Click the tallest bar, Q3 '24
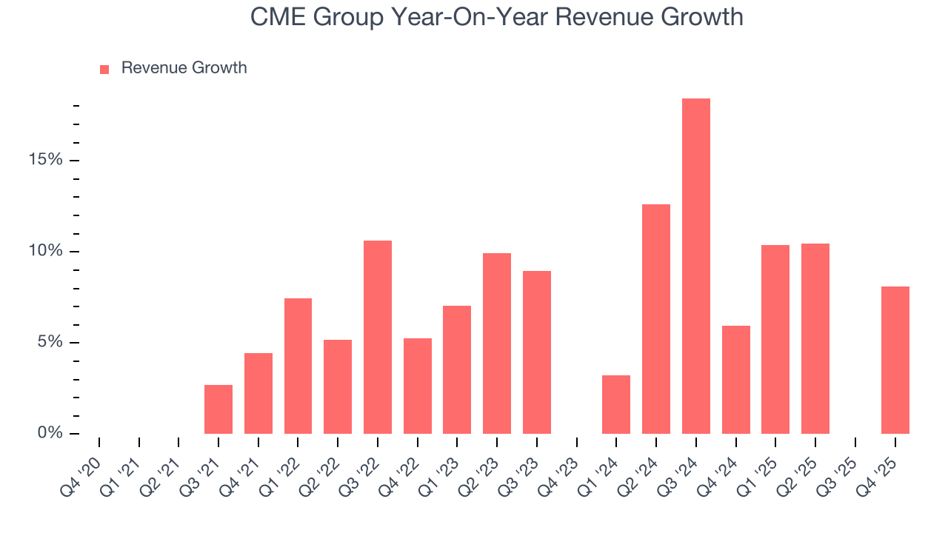[696, 266]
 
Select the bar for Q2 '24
[656, 319]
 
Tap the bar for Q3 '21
[218, 409]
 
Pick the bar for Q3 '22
[378, 337]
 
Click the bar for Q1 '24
[616, 404]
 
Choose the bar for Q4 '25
[895, 360]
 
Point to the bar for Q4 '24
[735, 380]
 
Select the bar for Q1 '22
[298, 366]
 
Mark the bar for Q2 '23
[497, 343]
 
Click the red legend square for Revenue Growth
[104, 69]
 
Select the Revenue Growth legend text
[184, 68]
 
